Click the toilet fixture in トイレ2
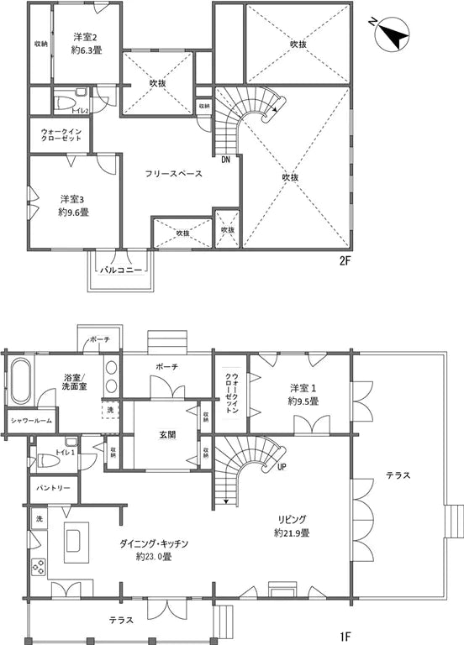pos(66,103)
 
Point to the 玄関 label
pos(166,435)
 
